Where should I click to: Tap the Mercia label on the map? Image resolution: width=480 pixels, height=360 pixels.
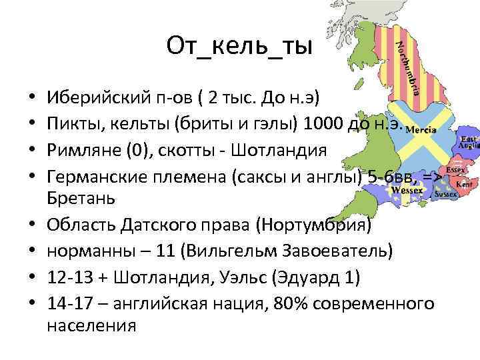(421, 129)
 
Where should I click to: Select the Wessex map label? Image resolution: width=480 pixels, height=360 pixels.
(407, 189)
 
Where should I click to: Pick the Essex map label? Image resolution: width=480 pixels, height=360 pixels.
(455, 170)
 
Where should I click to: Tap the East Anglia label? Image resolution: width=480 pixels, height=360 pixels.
(468, 145)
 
